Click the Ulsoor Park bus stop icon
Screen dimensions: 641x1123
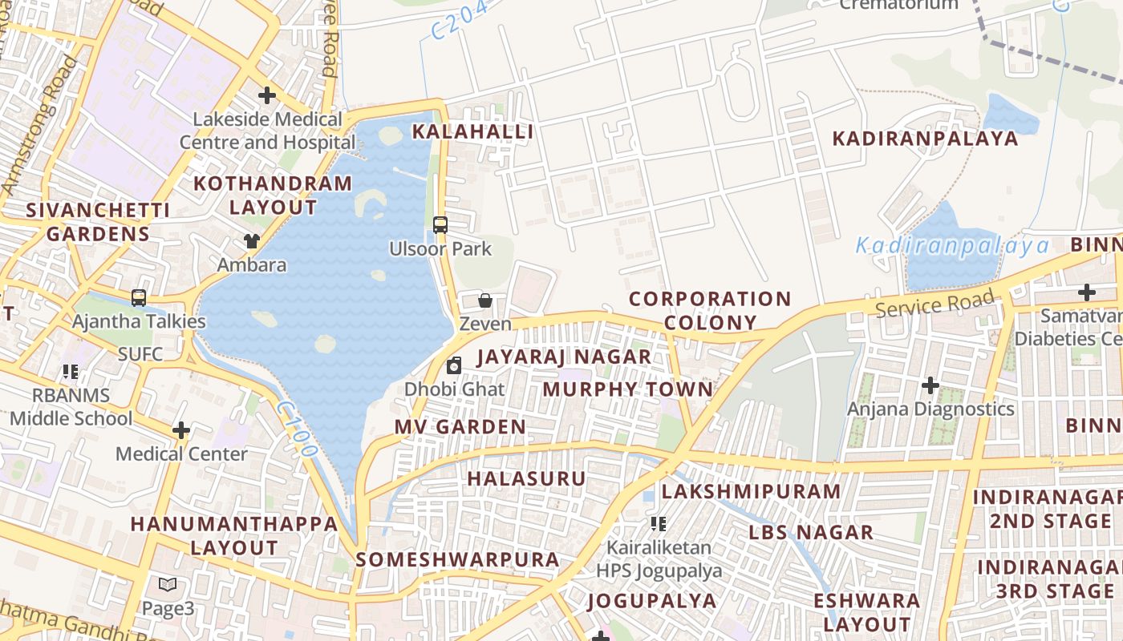[440, 225]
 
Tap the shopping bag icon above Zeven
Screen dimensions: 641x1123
[485, 300]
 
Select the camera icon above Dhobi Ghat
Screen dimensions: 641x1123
[454, 366]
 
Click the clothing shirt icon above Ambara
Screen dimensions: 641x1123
[252, 240]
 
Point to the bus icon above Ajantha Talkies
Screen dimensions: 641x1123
[139, 298]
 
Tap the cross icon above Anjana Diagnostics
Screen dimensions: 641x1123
[930, 386]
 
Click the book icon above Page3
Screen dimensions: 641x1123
[167, 585]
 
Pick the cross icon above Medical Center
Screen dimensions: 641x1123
[181, 430]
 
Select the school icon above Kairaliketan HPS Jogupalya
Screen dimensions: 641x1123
[659, 524]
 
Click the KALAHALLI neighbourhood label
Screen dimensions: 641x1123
[472, 132]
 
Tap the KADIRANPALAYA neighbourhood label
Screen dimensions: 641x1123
[925, 139]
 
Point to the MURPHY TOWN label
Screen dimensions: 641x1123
[627, 390]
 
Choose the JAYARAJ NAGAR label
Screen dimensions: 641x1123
[564, 357]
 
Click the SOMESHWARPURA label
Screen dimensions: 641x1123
[457, 560]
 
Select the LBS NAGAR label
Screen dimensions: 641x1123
[811, 533]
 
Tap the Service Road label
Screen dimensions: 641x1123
[935, 304]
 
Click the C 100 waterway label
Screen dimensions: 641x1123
[296, 430]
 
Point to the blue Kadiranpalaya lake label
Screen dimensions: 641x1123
[952, 246]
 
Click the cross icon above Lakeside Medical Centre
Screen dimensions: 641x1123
[267, 95]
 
